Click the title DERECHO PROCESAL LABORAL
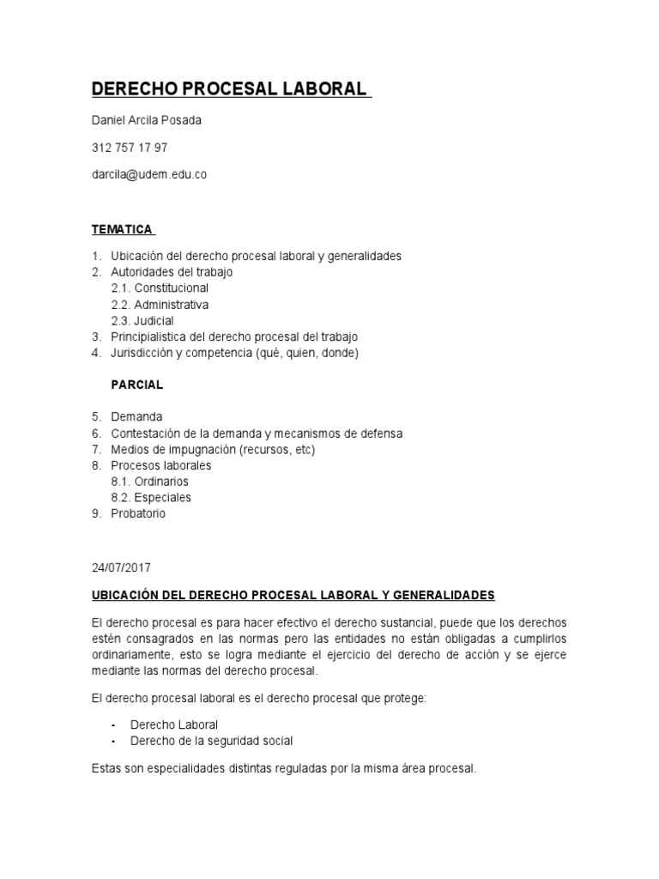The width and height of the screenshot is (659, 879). point(229,89)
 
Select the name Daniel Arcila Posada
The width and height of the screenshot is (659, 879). point(146,120)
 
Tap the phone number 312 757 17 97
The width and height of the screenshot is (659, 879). point(129,148)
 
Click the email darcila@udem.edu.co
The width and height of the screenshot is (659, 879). point(148,174)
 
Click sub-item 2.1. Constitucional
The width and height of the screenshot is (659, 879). point(160,288)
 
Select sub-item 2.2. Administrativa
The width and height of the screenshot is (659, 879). point(160,305)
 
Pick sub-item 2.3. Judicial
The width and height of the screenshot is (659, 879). point(142,321)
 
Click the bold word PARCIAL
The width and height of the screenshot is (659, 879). point(137,385)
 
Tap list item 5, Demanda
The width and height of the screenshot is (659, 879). point(136,417)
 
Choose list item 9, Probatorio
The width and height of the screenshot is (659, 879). point(138,513)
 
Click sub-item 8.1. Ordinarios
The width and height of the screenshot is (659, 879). point(150,482)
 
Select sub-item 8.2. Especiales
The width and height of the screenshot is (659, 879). point(151,498)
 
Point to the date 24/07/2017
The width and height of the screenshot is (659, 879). point(120,567)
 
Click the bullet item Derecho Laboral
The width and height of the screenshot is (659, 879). point(174,724)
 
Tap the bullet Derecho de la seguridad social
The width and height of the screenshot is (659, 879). point(211,741)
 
